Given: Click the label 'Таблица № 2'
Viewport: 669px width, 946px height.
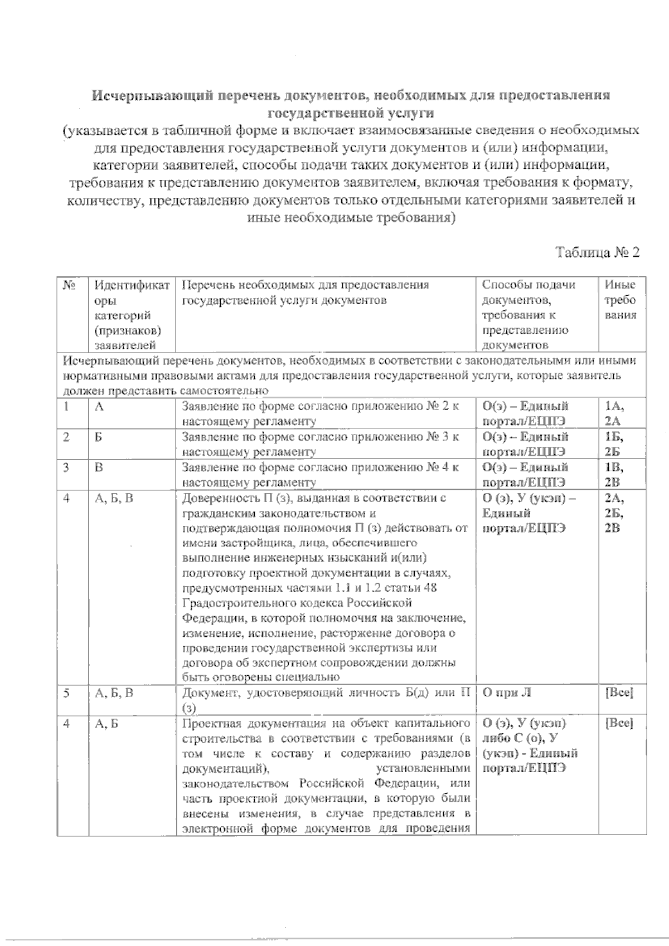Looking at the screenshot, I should pyautogui.click(x=597, y=252).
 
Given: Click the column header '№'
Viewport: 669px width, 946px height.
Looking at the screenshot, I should pyautogui.click(x=69, y=285).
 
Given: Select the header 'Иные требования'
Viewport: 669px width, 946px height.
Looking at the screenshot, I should pyautogui.click(x=620, y=300).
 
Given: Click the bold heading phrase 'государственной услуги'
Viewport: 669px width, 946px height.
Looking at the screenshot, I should pyautogui.click(x=351, y=113).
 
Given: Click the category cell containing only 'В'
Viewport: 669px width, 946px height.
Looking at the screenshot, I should pyautogui.click(x=99, y=467).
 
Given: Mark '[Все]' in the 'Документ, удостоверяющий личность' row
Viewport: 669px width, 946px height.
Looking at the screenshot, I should pyautogui.click(x=619, y=693).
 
